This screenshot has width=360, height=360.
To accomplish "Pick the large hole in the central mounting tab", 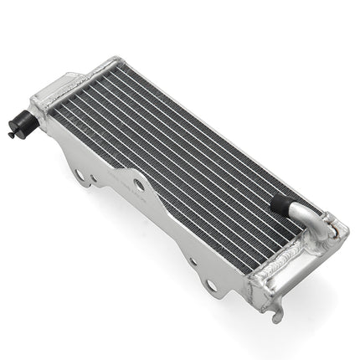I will [139, 184].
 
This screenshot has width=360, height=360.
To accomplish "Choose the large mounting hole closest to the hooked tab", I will [211, 286].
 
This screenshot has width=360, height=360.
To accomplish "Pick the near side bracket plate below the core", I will [167, 226].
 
